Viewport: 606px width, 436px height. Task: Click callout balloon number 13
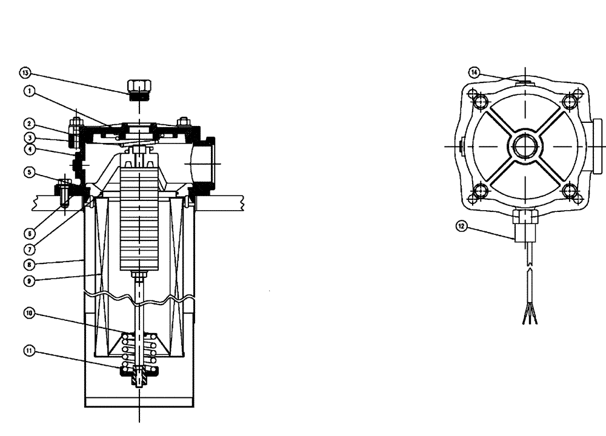tap(25, 73)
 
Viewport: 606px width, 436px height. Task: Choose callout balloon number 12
tap(462, 226)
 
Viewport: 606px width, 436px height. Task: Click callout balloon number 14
tap(474, 72)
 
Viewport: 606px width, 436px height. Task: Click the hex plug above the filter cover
tap(139, 87)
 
